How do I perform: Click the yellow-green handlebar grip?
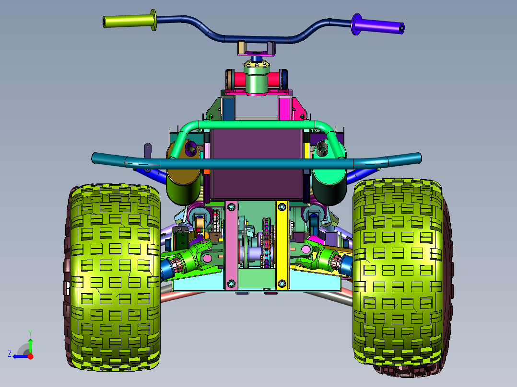coord(130,21)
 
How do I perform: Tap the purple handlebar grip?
coord(378,25)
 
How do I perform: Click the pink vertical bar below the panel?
coord(231,245)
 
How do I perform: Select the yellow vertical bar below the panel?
coord(282,245)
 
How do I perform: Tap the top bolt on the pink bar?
coord(231,207)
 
